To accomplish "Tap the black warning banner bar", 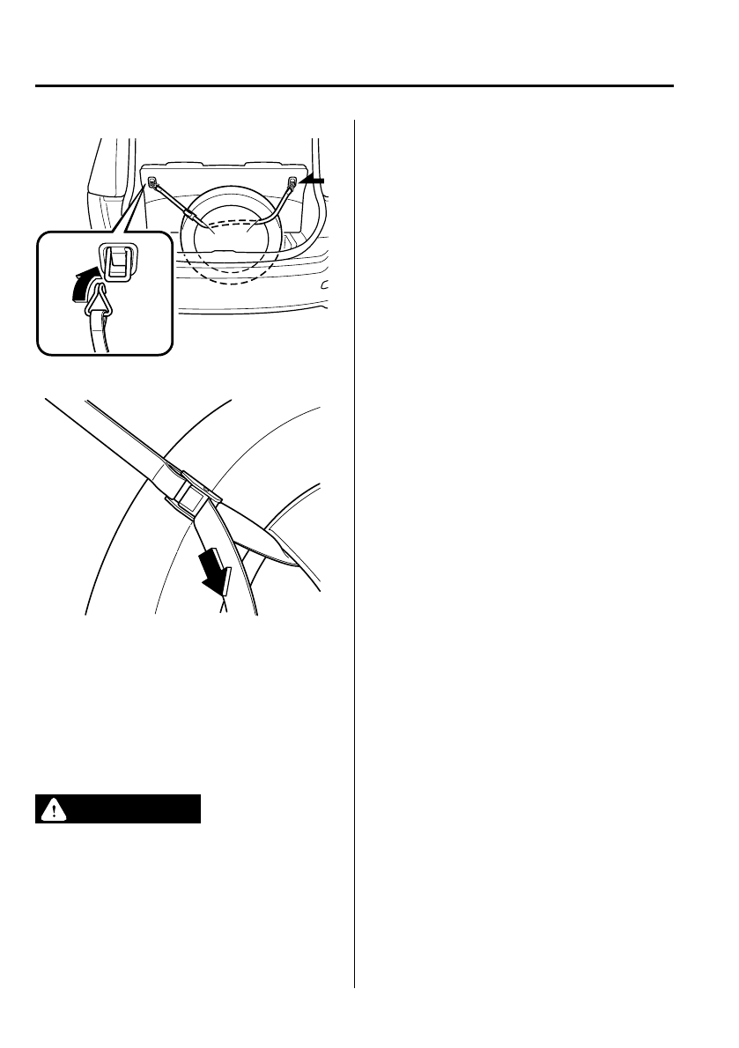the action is pyautogui.click(x=119, y=809).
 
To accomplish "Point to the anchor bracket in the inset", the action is pyautogui.click(x=116, y=261).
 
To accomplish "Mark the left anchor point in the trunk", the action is pyautogui.click(x=154, y=184).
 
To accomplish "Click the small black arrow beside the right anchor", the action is pyautogui.click(x=312, y=180).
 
